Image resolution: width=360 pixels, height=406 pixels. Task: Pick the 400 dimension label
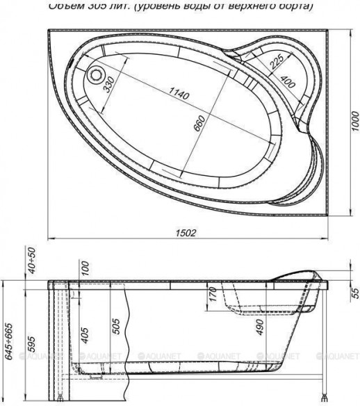[x=284, y=81]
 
